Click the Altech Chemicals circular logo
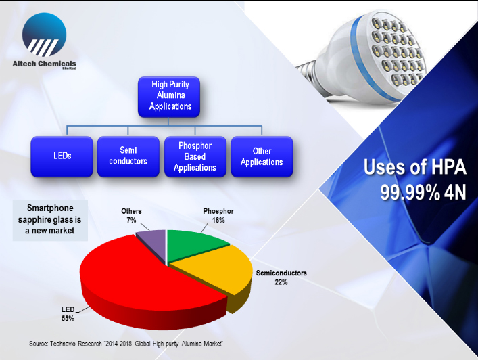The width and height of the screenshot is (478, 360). point(44,35)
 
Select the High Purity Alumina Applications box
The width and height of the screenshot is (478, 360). point(169,97)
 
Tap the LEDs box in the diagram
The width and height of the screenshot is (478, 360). point(62,156)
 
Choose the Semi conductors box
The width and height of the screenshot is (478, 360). point(128,156)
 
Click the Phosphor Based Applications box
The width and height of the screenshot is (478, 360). point(195,156)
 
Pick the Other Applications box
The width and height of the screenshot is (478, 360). point(262,156)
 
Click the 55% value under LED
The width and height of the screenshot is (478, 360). point(68,319)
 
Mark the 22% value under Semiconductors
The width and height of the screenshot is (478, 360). point(281,282)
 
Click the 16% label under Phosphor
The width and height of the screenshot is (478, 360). point(218,220)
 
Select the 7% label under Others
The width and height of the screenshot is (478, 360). point(131,220)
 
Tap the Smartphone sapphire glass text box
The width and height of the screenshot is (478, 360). point(50,220)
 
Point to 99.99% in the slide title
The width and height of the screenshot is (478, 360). point(410,192)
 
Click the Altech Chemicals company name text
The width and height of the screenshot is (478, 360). point(44,64)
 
